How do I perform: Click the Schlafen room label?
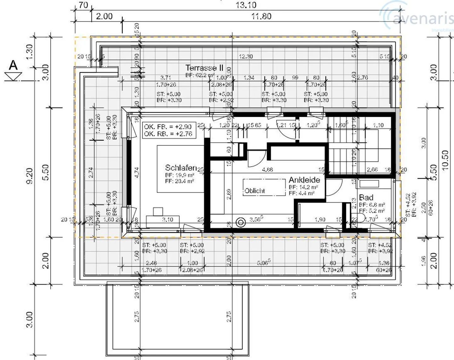181,168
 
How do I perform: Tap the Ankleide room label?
304,180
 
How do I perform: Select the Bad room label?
366,198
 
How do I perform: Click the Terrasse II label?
204,68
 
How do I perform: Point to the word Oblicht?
255,191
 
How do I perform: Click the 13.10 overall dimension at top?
246,5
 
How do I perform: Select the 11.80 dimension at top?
261,16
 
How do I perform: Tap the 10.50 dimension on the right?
445,160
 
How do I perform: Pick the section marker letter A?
13,65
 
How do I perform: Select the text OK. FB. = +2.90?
168,127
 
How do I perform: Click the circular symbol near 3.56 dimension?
241,223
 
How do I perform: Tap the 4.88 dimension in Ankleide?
267,170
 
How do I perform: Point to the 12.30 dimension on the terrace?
246,56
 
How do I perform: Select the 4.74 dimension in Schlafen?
137,173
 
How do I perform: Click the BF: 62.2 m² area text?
200,75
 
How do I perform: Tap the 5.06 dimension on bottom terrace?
263,263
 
